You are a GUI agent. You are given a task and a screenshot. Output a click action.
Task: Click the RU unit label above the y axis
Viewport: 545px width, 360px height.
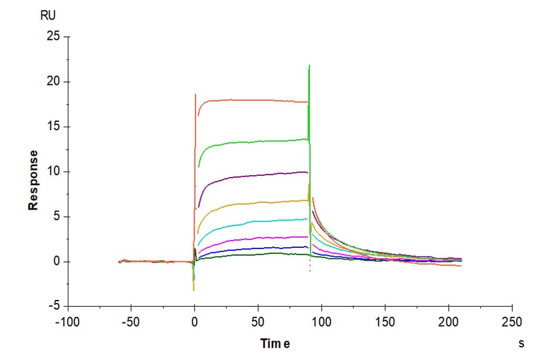(x=48, y=16)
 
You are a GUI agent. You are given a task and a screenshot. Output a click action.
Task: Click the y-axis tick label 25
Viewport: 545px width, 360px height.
(x=54, y=37)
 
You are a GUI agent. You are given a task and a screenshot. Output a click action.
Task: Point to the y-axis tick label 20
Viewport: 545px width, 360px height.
(x=54, y=82)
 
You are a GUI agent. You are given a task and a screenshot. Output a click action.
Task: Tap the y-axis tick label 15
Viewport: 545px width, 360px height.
(x=54, y=127)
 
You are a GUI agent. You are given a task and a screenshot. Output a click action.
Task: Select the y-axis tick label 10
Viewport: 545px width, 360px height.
(x=54, y=172)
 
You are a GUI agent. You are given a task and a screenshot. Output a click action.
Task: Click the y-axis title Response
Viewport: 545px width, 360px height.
(x=33, y=180)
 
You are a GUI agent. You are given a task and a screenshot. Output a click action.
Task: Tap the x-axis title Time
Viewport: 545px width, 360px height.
(x=275, y=344)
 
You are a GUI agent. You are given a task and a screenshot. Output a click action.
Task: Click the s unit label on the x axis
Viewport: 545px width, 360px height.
(x=521, y=343)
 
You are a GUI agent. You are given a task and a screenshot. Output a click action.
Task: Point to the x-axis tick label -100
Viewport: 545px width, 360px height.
(x=67, y=321)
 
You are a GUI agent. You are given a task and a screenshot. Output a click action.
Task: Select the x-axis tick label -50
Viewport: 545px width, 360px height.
(x=131, y=321)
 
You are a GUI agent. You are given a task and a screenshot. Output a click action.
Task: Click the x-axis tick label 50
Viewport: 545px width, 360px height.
(x=258, y=321)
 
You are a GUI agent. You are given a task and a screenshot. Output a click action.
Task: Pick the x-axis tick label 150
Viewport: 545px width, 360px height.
(x=385, y=321)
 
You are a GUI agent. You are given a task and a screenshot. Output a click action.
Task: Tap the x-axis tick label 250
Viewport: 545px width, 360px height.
(x=512, y=321)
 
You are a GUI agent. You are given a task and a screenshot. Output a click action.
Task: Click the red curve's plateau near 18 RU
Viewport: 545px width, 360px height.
(x=254, y=100)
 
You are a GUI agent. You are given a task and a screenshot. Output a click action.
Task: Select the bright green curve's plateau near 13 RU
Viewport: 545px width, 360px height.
(x=254, y=142)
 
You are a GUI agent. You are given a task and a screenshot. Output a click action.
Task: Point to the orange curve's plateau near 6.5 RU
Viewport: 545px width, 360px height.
(x=254, y=203)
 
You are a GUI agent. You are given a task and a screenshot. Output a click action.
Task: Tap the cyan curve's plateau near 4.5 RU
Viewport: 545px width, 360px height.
(x=254, y=222)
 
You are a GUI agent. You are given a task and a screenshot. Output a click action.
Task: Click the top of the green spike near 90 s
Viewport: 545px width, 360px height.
(x=309, y=65)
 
